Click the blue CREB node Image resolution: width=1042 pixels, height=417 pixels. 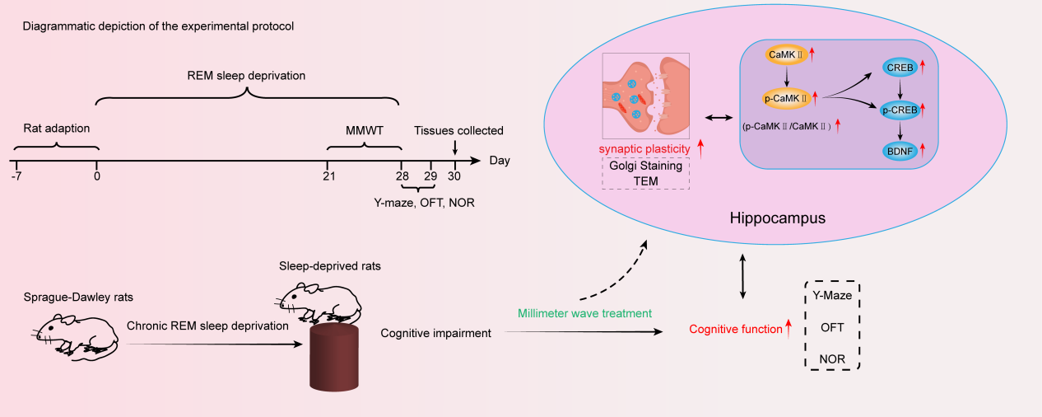(x=898, y=65)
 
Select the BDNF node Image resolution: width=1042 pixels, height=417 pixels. (x=898, y=151)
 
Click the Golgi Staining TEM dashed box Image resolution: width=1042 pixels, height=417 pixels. (x=646, y=174)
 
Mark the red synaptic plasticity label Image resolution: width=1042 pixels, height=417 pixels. (x=644, y=148)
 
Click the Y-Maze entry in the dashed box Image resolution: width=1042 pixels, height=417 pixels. (x=832, y=295)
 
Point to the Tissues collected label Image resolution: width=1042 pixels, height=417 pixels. (x=458, y=130)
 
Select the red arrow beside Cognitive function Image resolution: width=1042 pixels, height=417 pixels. (x=788, y=329)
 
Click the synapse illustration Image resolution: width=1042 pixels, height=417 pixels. (x=646, y=96)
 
